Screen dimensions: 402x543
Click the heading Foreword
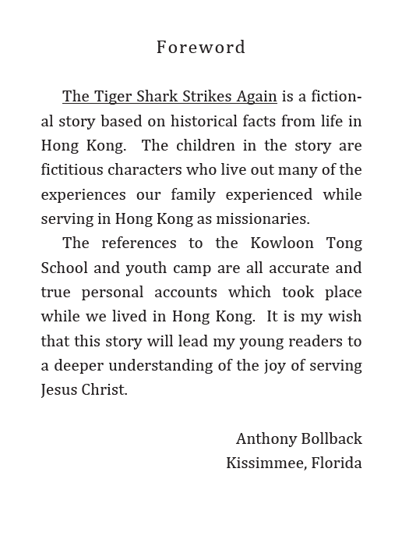[x=200, y=48]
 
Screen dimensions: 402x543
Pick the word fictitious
[x=74, y=170]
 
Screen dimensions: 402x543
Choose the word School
[x=65, y=268]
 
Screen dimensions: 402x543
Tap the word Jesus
[x=61, y=389]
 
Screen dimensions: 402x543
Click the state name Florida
[x=337, y=463]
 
